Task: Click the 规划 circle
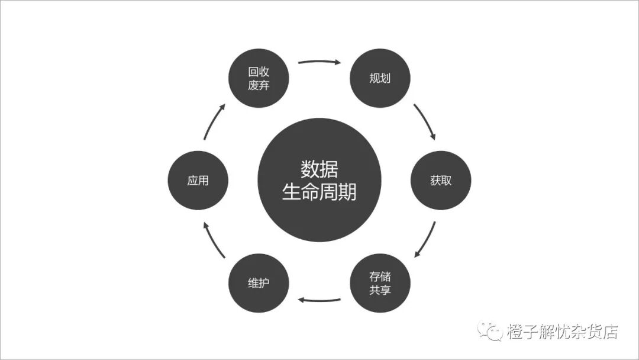380,78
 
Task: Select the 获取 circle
441,181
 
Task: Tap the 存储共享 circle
380,283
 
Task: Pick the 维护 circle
259,283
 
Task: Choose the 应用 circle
198,181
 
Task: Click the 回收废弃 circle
259,78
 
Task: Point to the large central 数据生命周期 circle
319,181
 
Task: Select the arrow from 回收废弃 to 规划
319,61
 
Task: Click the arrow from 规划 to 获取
425,122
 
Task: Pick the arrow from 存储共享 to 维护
319,300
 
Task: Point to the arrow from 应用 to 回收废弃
214,122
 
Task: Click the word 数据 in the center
319,169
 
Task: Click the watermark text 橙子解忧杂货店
562,332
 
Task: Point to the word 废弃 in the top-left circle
259,85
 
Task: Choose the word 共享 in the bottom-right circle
380,290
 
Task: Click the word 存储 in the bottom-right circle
380,277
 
